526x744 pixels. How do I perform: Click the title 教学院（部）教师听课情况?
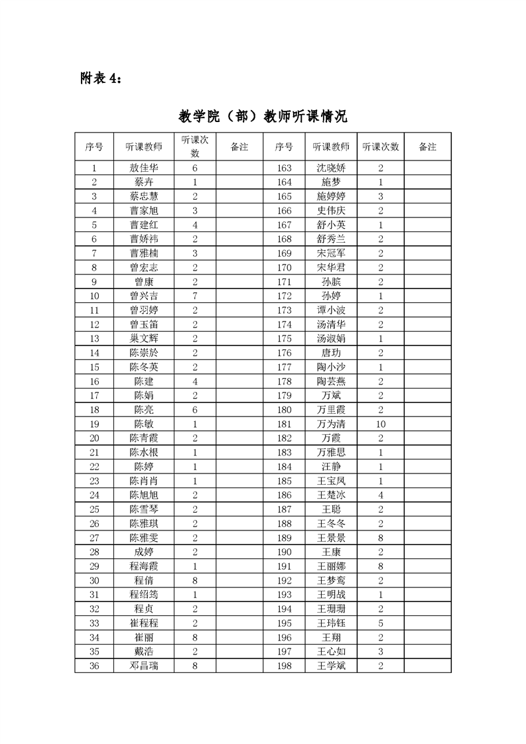[x=263, y=116]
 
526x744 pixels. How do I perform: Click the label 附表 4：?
[x=101, y=78]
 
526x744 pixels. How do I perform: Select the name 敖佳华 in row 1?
[x=144, y=168]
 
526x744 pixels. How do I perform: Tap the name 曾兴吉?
[x=144, y=296]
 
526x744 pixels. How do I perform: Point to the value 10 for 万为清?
[x=381, y=424]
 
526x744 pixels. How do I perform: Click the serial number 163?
[x=284, y=168]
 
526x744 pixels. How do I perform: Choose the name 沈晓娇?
[x=331, y=168]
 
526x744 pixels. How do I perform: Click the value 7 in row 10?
[x=195, y=296]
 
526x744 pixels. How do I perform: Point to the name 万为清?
[x=331, y=424]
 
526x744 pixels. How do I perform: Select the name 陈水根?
[x=144, y=452]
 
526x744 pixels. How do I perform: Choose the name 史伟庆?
[x=331, y=211]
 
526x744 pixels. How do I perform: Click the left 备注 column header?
[x=239, y=147]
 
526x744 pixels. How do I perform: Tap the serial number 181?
[x=284, y=424]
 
